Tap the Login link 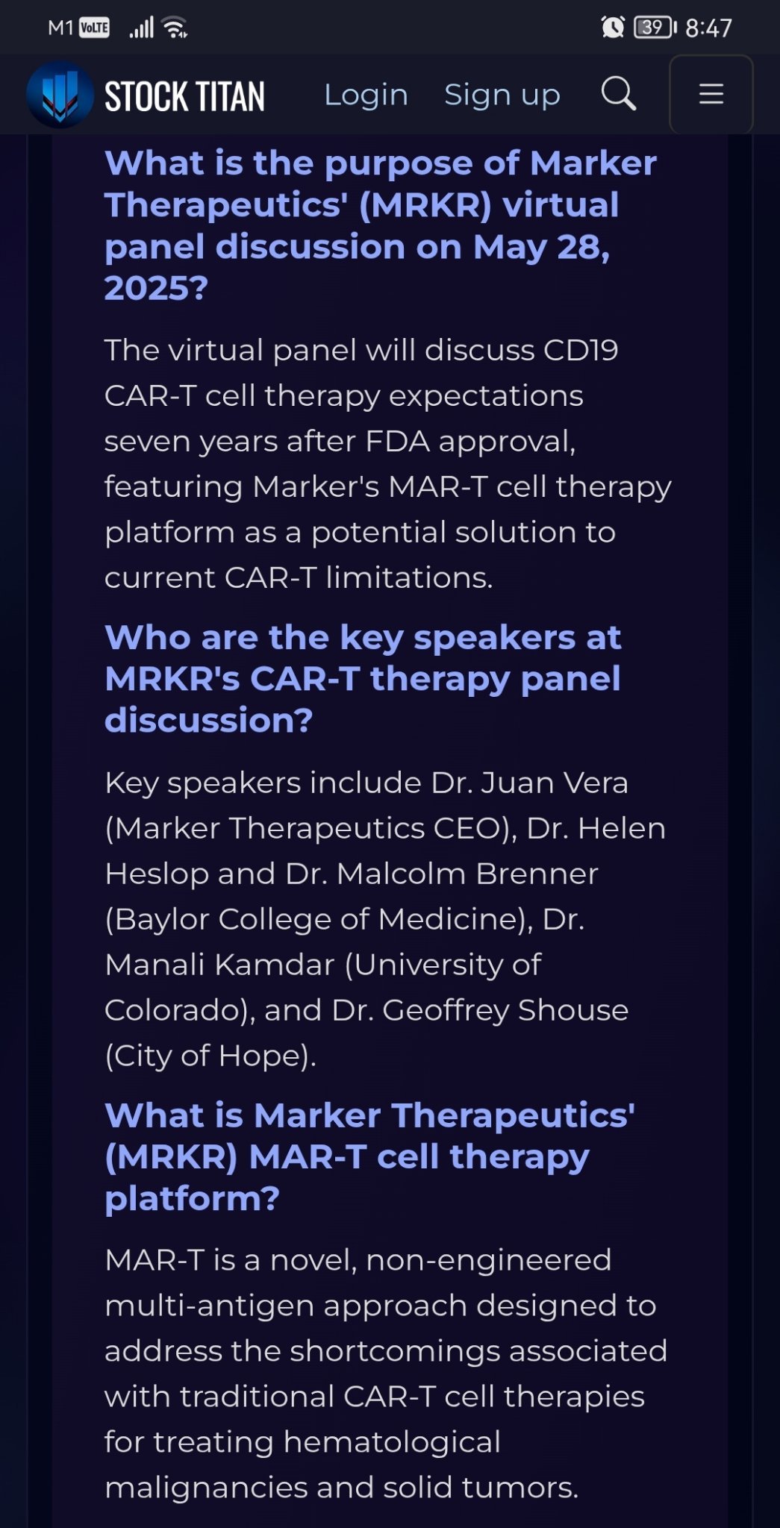(x=366, y=95)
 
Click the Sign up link (x=502, y=95)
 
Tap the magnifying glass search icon (x=619, y=94)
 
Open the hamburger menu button (x=711, y=94)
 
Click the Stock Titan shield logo (x=60, y=95)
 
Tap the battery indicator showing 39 (x=655, y=28)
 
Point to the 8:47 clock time (x=708, y=28)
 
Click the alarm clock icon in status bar (x=613, y=28)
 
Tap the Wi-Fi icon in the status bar (x=175, y=28)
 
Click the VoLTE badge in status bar (x=94, y=28)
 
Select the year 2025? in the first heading (x=156, y=289)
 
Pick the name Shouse (x=573, y=1010)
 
